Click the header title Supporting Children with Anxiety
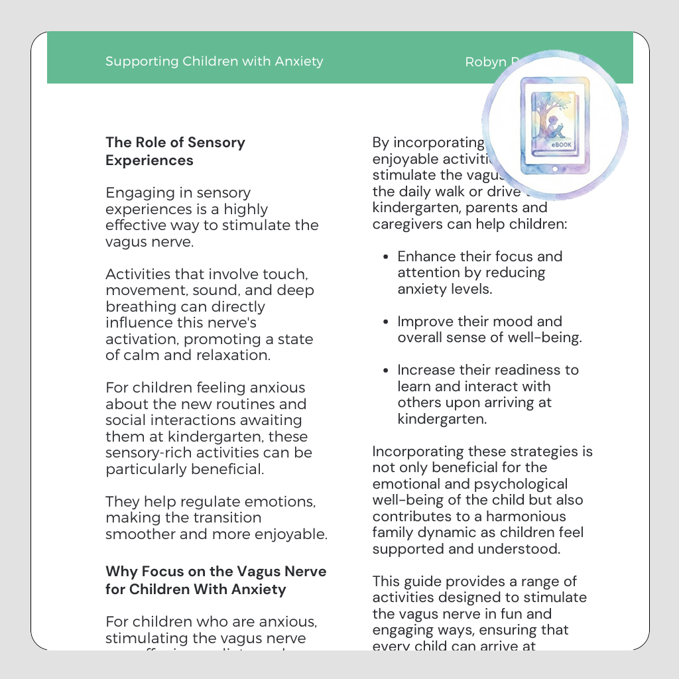click(x=214, y=62)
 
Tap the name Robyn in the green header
click(x=485, y=62)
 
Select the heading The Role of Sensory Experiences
click(x=175, y=151)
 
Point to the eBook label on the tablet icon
click(x=561, y=144)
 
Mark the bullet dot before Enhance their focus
click(x=386, y=257)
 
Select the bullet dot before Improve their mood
click(x=386, y=322)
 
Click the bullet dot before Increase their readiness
click(x=386, y=370)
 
